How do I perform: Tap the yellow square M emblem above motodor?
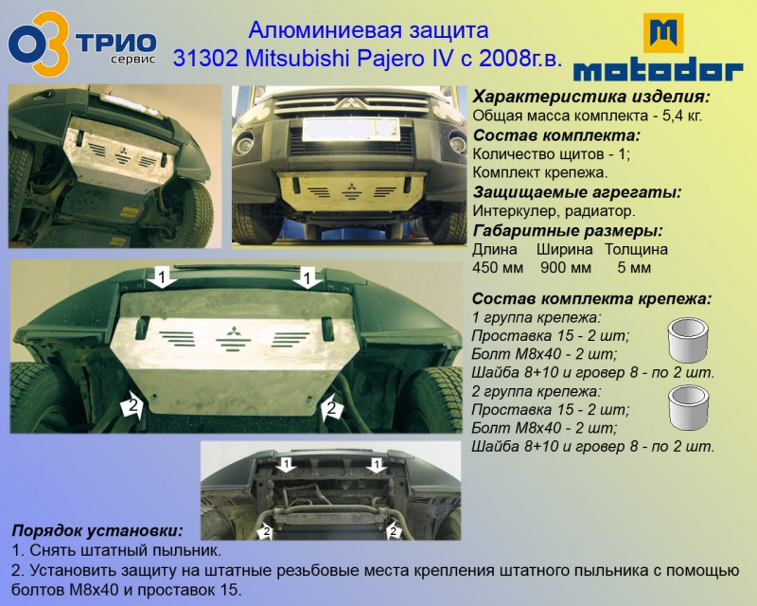point(663,33)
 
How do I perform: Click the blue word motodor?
point(658,71)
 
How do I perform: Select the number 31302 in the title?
point(205,59)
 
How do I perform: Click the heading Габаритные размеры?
point(568,231)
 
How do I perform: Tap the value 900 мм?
point(566,268)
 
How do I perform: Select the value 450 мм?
point(498,268)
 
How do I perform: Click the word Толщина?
point(636,249)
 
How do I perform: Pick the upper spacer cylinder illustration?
point(688,340)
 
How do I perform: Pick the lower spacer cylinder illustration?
point(688,407)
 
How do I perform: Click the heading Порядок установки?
point(97,530)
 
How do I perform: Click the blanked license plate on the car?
point(351,130)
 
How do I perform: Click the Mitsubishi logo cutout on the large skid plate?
point(234,338)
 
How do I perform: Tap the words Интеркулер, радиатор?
point(554,212)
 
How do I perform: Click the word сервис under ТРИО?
point(133,60)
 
